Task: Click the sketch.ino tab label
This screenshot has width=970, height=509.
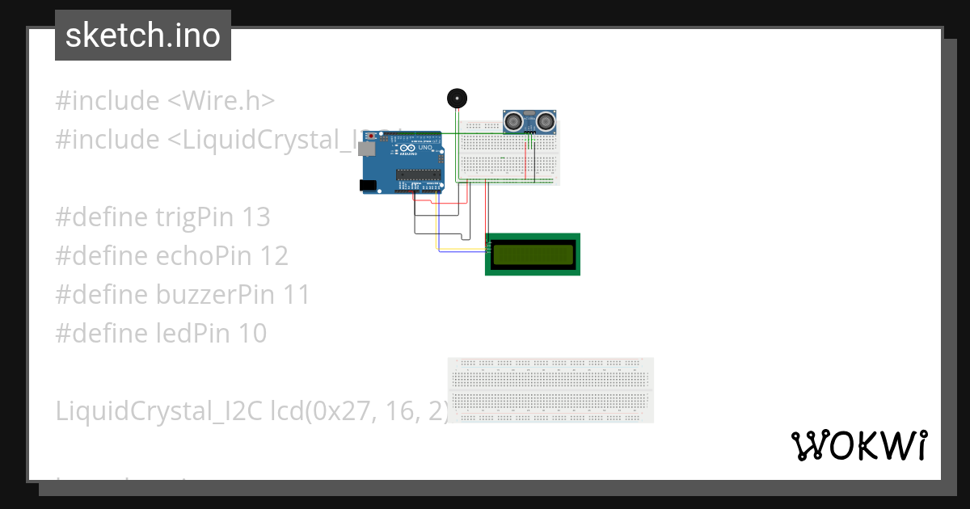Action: (142, 36)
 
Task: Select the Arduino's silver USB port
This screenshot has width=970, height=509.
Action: (368, 149)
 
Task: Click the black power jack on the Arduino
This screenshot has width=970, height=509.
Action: (368, 186)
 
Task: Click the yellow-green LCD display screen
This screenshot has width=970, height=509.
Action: (533, 254)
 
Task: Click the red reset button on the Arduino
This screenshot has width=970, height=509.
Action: (372, 136)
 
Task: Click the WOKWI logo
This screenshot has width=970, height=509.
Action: (858, 446)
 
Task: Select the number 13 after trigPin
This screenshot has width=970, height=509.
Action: (255, 217)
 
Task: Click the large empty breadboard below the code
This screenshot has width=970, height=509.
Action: (550, 390)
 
